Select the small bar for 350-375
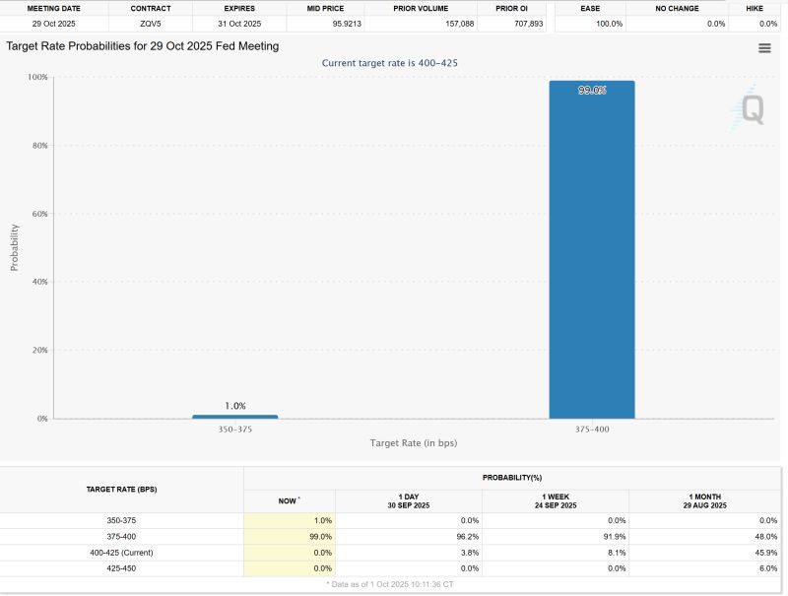click(x=234, y=417)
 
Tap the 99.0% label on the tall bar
click(x=592, y=91)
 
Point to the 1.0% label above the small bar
click(x=234, y=405)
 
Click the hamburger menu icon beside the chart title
click(x=764, y=48)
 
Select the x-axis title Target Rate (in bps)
click(x=413, y=443)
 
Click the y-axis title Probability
click(x=15, y=248)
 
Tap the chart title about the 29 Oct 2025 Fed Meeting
click(x=142, y=46)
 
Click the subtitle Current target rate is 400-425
click(x=390, y=63)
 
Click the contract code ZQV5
click(x=150, y=23)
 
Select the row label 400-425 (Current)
click(x=122, y=552)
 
